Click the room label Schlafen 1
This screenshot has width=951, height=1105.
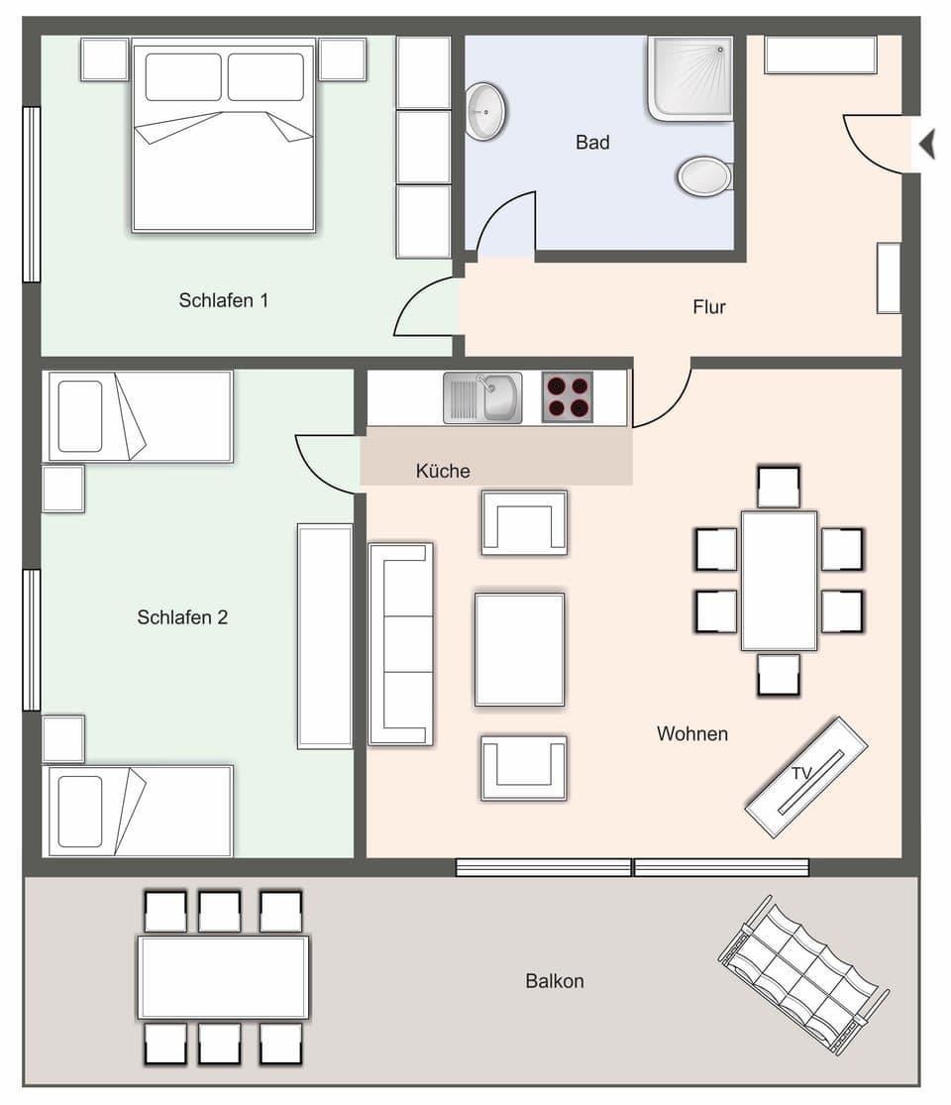coord(224,300)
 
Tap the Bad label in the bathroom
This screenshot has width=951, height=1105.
coord(592,143)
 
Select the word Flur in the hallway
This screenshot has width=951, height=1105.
coord(709,307)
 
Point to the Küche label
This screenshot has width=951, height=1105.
coord(443,471)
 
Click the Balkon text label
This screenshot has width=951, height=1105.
coord(555,981)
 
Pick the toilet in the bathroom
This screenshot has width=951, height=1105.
coord(704,176)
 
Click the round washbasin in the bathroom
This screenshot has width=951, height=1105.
coord(485,111)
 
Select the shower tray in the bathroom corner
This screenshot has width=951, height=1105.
coord(690,77)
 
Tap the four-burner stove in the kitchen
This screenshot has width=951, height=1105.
coord(568,397)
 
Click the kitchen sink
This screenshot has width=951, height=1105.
coord(482,397)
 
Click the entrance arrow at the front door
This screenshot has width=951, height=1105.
coord(927,145)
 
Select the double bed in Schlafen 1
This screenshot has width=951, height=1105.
coord(224,136)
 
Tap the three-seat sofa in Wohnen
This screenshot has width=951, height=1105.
coord(400,643)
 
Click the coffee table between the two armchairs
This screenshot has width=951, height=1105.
coord(519,649)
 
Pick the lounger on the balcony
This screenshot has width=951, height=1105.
coord(801,973)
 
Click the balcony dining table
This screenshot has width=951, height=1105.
coord(224,977)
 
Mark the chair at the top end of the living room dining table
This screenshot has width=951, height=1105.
coord(779,487)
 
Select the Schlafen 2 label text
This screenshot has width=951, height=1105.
coord(182,617)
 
